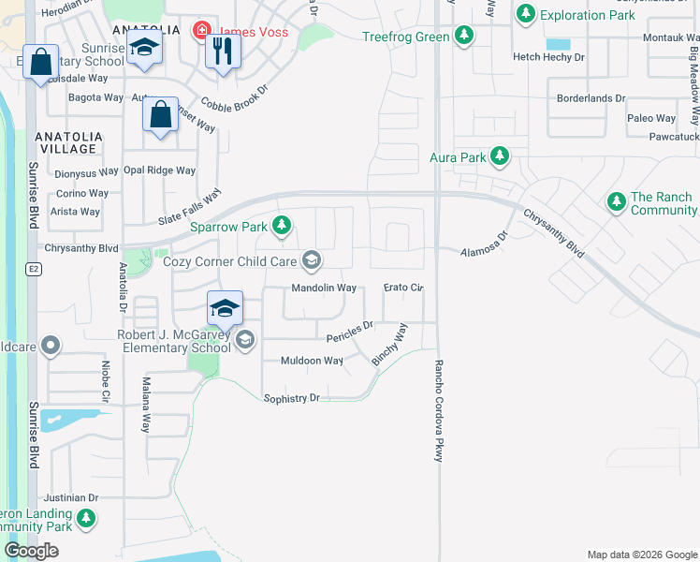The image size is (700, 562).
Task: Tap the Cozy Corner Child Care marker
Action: [311, 260]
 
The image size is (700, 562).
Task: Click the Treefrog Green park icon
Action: [463, 37]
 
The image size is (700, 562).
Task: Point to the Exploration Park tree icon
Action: [526, 14]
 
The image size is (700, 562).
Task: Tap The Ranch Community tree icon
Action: [616, 200]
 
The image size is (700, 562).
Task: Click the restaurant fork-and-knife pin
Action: [222, 51]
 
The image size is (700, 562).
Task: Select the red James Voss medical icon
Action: [201, 31]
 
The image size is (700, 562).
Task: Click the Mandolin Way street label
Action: [324, 288]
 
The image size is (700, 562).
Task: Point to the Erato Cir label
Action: [404, 288]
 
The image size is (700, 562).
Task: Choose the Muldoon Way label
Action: [313, 361]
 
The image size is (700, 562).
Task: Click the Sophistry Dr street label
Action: [291, 398]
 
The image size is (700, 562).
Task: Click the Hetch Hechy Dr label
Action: [548, 57]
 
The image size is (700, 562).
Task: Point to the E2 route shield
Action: [33, 269]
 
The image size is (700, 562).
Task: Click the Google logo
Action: [31, 551]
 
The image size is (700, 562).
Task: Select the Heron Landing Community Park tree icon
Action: [86, 517]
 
